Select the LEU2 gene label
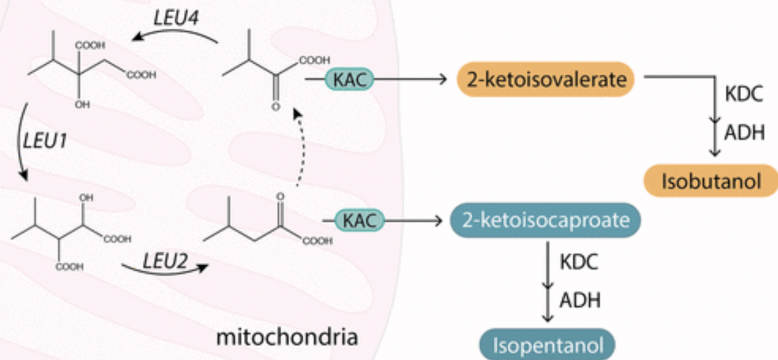pos(165,261)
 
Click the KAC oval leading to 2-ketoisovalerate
pos(348,79)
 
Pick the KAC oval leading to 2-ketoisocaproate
pos(360,221)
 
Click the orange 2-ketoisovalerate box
pos(545,79)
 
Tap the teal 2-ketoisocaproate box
pos(545,221)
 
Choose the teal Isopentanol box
pos(548,344)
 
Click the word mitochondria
pos(287,337)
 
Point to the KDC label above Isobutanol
pos(744,94)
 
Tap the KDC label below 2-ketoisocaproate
pos(579,262)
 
